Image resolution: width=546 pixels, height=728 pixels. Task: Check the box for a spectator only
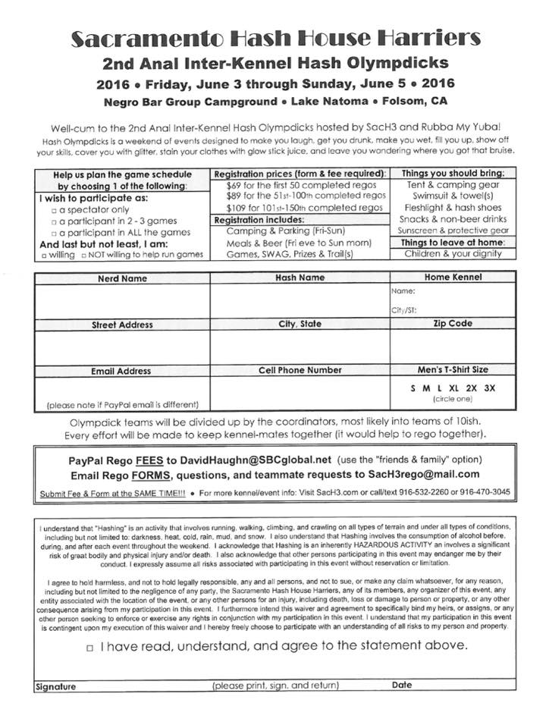click(53, 210)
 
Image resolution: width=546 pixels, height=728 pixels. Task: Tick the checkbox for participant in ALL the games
click(53, 232)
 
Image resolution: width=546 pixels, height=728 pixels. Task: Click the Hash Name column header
click(300, 278)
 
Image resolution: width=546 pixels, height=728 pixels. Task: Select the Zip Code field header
click(453, 323)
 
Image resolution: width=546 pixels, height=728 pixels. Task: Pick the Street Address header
click(122, 325)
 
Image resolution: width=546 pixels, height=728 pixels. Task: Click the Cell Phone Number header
click(300, 370)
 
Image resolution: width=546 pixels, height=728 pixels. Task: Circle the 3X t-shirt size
click(489, 388)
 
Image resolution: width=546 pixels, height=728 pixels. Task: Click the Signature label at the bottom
click(56, 686)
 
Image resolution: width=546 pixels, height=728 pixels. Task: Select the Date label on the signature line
click(402, 685)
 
